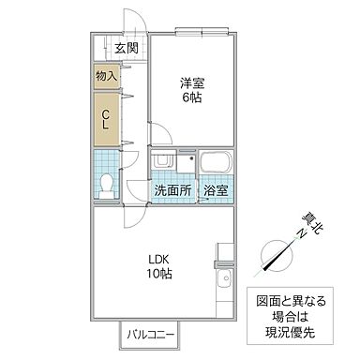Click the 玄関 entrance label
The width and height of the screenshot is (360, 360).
point(126,50)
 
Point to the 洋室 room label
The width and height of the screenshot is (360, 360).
point(193,82)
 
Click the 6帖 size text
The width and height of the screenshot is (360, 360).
point(193,98)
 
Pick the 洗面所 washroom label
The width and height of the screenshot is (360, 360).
point(172,190)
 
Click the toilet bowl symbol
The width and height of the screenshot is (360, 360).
point(107,184)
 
